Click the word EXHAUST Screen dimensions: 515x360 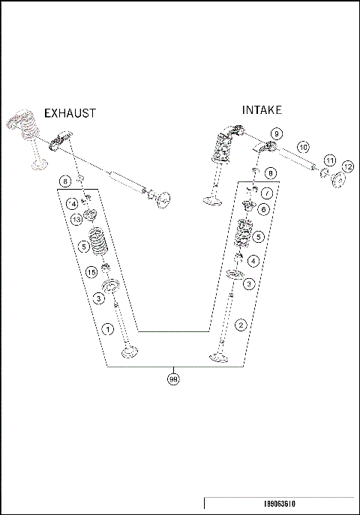coord(70,113)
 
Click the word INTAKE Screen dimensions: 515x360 coord(262,109)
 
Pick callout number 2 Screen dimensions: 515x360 coord(241,325)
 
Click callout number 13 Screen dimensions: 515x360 coord(77,219)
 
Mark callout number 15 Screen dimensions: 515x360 coord(91,271)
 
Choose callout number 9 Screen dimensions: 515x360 coord(276,133)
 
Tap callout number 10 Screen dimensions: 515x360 coord(303,147)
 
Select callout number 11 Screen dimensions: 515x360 coord(329,160)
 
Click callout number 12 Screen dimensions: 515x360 coord(348,166)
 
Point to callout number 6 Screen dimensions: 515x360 coord(263,209)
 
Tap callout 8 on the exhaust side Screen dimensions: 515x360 coord(66,181)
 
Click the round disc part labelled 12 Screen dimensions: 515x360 coord(336,179)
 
